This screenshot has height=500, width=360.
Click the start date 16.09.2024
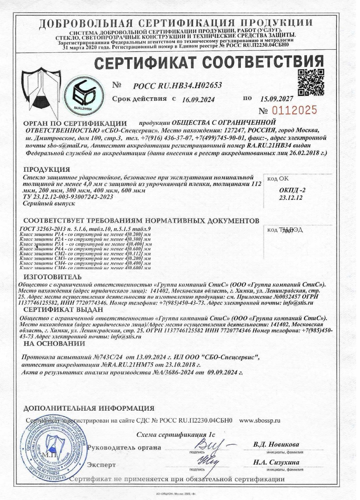[x=198, y=99]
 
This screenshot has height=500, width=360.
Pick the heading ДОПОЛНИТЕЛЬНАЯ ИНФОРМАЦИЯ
[x=89, y=408]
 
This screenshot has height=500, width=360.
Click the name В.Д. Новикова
[x=276, y=445]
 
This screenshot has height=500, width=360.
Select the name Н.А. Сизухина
[x=276, y=462]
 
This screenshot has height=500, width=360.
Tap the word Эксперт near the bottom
[x=102, y=465]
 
